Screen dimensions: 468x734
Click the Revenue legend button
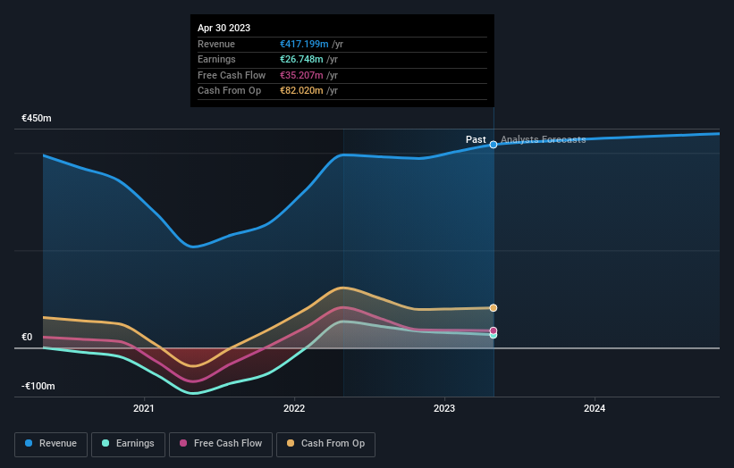[x=52, y=444]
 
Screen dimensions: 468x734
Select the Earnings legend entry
[x=129, y=444]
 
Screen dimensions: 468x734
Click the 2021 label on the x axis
[x=144, y=409]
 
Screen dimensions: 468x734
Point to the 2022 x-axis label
[x=294, y=409]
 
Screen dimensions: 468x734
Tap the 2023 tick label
[x=444, y=409]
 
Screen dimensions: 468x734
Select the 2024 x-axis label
[x=595, y=409]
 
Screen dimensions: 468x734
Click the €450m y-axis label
[x=38, y=119]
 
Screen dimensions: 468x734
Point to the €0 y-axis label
[x=27, y=338]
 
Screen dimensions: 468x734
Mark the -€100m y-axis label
[x=38, y=387]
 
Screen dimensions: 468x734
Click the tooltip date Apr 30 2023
[x=224, y=28]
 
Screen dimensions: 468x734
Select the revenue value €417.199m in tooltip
[x=304, y=44]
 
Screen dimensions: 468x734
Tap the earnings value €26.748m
[x=301, y=60]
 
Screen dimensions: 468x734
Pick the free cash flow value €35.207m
[x=301, y=75]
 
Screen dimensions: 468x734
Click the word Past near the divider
[x=476, y=140]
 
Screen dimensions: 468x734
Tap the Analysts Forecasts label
[x=544, y=140]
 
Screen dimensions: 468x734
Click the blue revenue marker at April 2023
[x=494, y=145]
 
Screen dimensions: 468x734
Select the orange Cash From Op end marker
[x=494, y=308]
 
